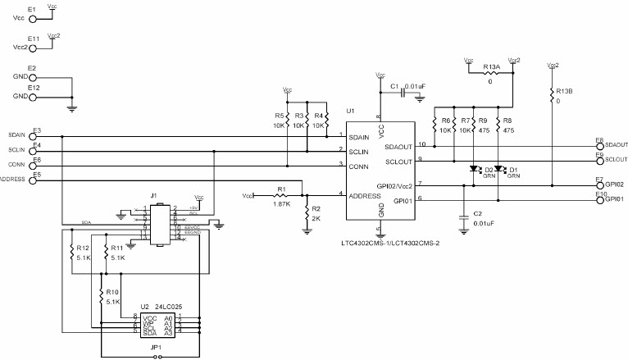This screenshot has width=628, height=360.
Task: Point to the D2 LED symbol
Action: [475, 170]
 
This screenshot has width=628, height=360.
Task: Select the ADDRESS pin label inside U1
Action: [365, 196]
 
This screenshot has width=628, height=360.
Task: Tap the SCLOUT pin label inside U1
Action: [399, 160]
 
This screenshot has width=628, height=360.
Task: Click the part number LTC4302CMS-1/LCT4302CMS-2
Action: [392, 244]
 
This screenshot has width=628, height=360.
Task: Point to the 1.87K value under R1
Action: [281, 204]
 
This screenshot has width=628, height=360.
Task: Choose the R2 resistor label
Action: [316, 209]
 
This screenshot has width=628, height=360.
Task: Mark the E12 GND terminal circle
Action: [33, 97]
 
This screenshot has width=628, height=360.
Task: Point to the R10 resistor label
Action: [111, 291]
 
